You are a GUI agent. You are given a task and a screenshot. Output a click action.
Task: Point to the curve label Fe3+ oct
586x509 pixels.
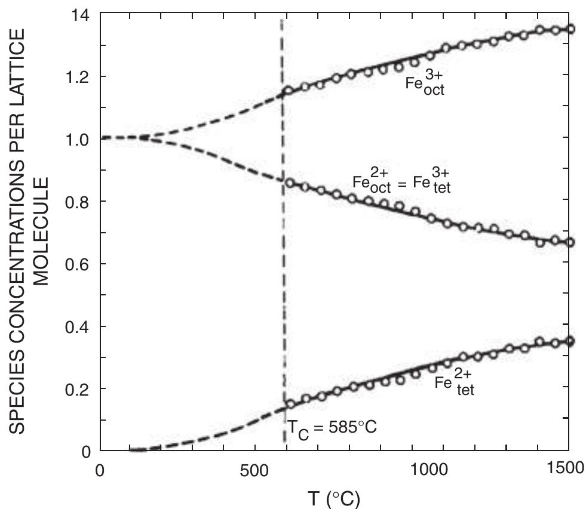tap(425, 88)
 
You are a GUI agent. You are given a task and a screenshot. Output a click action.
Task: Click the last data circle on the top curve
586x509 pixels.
tap(570, 29)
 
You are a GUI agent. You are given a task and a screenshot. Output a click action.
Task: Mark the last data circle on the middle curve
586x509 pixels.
tap(570, 242)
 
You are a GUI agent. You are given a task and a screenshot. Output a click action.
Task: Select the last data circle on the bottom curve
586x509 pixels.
tap(570, 341)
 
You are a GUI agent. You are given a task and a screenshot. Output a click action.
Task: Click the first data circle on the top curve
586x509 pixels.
tap(289, 91)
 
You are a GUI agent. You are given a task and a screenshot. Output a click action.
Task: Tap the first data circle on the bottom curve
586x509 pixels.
tap(291, 404)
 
